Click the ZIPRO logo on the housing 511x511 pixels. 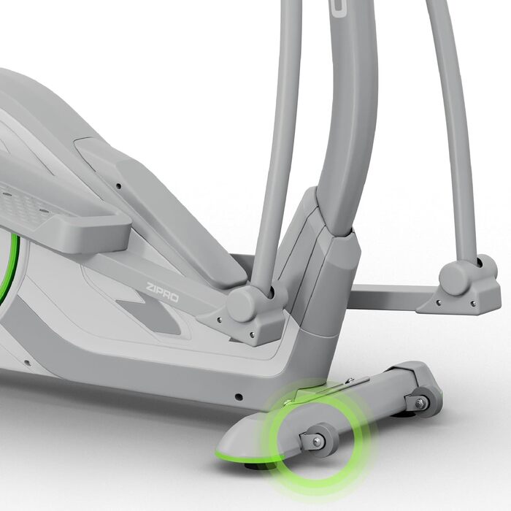(162, 292)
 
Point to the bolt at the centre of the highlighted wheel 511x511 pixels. (316, 442)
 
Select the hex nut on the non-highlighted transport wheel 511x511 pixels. (420, 403)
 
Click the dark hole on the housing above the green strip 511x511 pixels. (239, 397)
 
